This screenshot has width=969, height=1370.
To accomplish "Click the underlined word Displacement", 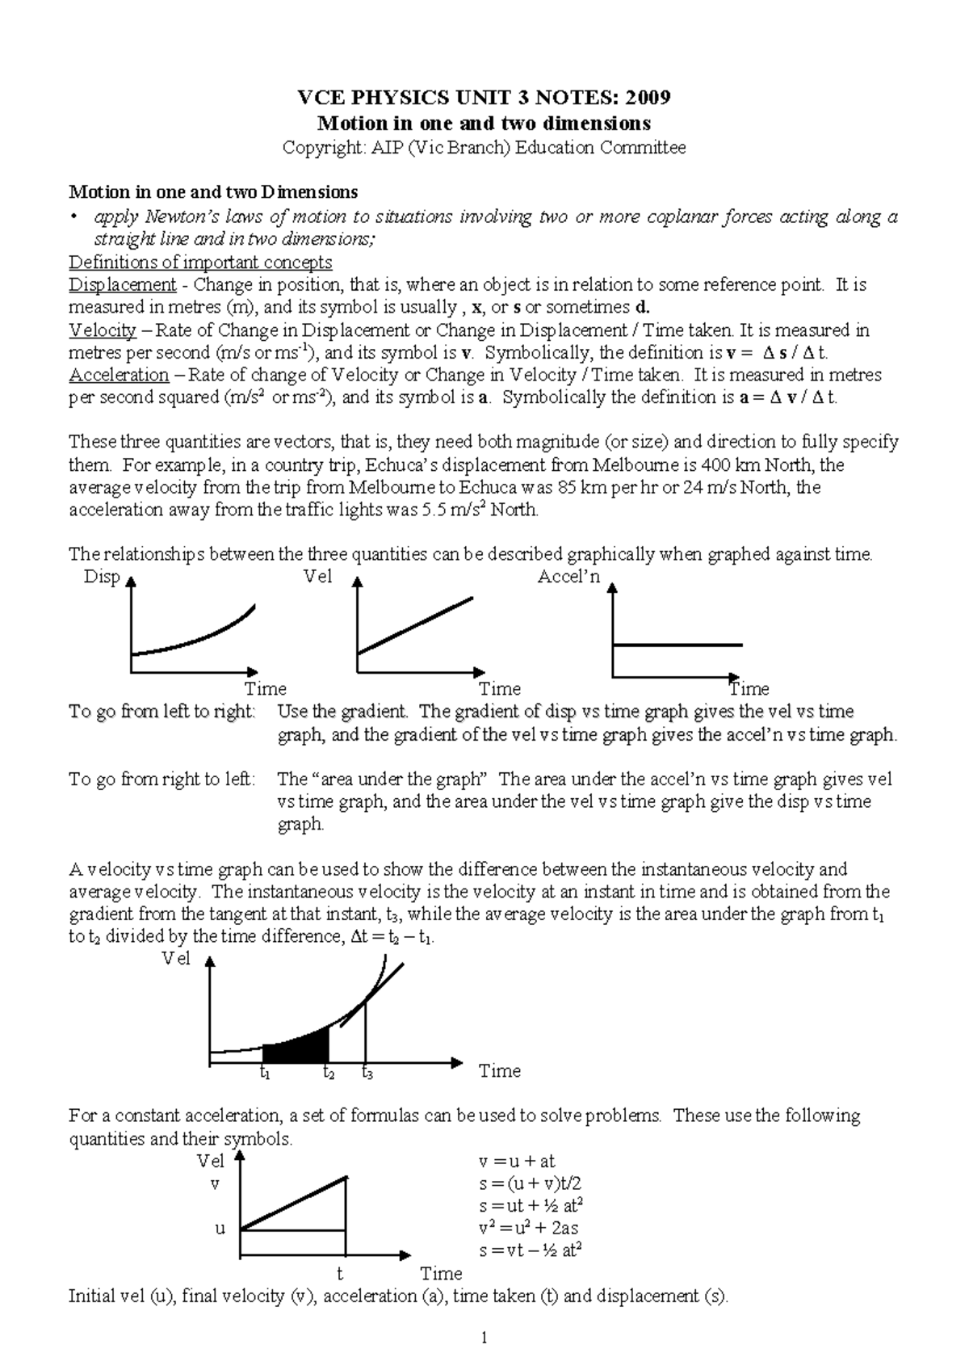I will point(122,285).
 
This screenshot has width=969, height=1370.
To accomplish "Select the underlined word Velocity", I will point(102,330).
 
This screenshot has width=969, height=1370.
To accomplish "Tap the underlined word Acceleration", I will point(119,375).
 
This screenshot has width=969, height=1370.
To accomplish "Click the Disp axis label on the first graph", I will point(102,578).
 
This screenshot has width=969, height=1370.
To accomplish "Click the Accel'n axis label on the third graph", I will point(569,578).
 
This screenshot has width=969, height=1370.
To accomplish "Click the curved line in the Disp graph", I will point(194,638).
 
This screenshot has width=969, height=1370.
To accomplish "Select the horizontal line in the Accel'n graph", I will point(678,645).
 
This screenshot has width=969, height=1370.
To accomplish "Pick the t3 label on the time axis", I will point(367,1074).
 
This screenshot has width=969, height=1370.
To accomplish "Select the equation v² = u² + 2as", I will point(528,1229).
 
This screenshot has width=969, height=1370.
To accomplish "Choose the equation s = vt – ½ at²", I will point(531,1251).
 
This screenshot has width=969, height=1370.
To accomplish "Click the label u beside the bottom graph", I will point(219,1229).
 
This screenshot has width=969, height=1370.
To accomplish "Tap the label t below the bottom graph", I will point(340,1274).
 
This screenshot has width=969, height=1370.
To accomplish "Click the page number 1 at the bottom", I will point(484,1338).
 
